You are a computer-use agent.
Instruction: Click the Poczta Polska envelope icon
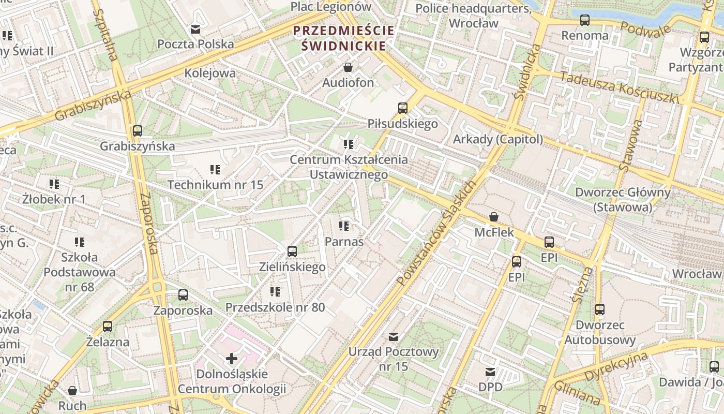click(x=195, y=29)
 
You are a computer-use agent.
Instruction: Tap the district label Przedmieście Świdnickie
click(x=344, y=38)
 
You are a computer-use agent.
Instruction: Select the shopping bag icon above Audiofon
click(x=348, y=68)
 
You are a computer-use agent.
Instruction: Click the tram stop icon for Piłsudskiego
click(x=403, y=108)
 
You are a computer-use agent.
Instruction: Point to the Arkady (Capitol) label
click(x=498, y=139)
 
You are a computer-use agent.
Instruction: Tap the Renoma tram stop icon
click(x=585, y=21)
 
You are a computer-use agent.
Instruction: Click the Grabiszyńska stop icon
click(x=138, y=131)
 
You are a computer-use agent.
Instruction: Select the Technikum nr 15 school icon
click(x=215, y=170)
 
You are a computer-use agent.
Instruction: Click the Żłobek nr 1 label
click(x=54, y=199)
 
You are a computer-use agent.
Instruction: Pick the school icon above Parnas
click(x=344, y=226)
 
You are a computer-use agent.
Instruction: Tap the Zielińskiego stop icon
click(x=292, y=252)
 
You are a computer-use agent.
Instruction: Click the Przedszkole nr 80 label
click(x=275, y=307)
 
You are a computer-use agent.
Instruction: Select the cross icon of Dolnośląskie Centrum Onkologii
click(x=232, y=358)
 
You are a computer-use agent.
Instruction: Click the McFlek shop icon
click(x=494, y=217)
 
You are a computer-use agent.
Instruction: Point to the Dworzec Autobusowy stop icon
click(x=600, y=309)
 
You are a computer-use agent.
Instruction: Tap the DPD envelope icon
click(x=490, y=372)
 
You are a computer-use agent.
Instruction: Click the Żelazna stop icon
click(x=108, y=327)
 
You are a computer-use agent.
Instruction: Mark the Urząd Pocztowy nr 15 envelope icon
click(x=394, y=337)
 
